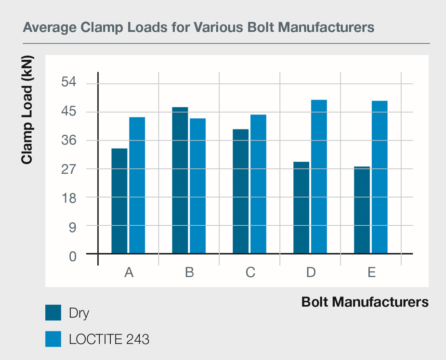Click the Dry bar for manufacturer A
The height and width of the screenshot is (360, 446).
click(x=119, y=201)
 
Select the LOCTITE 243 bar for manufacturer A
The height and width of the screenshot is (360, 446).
click(x=137, y=185)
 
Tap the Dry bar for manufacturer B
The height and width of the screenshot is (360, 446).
click(x=180, y=180)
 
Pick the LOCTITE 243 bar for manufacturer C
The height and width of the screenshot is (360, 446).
click(x=258, y=184)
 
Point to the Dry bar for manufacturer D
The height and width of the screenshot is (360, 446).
click(x=302, y=207)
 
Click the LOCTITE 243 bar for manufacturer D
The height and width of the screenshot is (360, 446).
click(x=319, y=177)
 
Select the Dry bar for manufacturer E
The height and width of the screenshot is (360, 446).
click(x=362, y=210)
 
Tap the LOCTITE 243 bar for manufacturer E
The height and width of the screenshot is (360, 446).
click(x=380, y=177)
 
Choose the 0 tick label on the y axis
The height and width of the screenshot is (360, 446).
click(x=72, y=256)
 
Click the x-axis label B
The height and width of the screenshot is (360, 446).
click(x=189, y=273)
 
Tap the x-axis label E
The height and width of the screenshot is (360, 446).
click(x=371, y=273)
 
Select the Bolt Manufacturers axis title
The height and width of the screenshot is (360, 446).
click(x=365, y=302)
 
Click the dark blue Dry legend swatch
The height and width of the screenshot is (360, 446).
click(x=53, y=313)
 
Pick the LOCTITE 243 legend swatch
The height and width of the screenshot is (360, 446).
click(x=53, y=339)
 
